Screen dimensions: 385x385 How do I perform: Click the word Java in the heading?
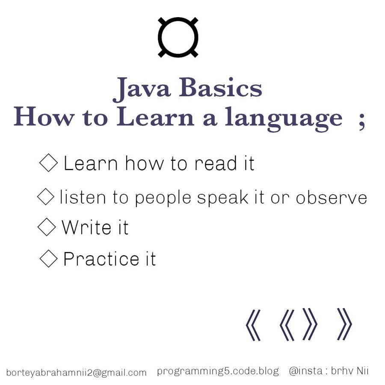tap(142, 89)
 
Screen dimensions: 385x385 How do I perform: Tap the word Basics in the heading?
tap(220, 87)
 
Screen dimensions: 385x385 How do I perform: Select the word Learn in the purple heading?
tap(155, 116)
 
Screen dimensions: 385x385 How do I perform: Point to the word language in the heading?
tap(284, 119)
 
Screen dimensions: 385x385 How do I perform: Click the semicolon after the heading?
tap(361, 121)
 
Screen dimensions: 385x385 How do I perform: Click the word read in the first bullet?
tap(216, 163)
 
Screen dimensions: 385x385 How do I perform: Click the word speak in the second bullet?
tap(223, 198)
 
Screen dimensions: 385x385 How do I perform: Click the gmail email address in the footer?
tap(76, 373)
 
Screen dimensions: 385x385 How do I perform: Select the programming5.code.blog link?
tap(218, 371)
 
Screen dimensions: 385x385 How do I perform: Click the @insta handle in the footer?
tap(329, 370)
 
